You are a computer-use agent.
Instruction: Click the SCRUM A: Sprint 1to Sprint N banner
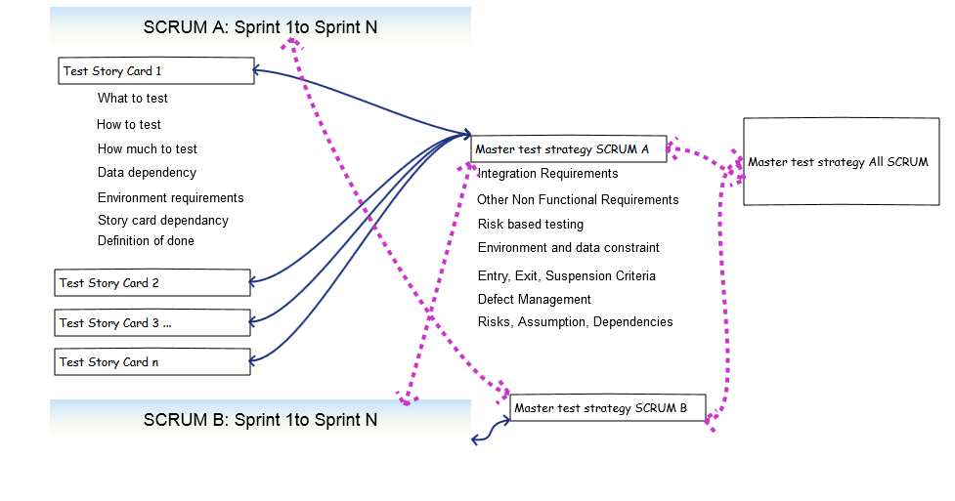260,26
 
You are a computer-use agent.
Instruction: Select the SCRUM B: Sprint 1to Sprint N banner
260,420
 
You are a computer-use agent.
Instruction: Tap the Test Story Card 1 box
155,71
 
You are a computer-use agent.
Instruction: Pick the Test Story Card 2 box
152,283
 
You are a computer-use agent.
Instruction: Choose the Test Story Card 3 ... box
152,322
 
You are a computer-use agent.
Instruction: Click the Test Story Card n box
152,362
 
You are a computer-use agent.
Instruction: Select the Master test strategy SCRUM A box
568,149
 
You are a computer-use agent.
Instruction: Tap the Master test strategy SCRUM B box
607,408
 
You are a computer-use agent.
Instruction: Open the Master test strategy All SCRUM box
841,162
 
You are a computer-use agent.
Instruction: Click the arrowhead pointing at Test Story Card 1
257,70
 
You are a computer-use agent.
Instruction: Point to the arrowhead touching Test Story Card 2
254,282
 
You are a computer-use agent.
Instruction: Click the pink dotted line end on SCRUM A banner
292,42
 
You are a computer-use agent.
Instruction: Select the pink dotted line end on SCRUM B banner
408,399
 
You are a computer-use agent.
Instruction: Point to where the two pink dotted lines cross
430,314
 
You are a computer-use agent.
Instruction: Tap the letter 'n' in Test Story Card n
154,362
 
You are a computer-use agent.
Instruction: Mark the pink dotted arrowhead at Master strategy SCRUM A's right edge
673,150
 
